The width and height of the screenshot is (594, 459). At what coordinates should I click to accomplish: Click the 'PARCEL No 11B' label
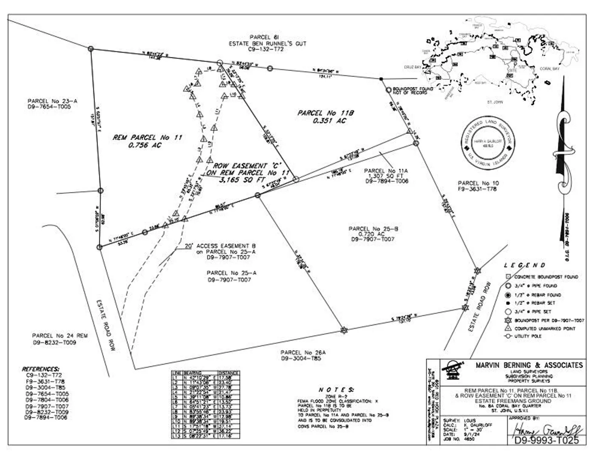325,113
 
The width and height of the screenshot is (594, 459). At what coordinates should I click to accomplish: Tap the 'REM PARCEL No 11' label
147,137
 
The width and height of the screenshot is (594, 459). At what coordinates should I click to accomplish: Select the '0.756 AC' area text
145,145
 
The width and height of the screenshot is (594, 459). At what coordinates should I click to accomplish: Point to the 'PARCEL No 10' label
478,183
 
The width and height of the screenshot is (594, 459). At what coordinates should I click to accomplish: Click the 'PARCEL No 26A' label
303,352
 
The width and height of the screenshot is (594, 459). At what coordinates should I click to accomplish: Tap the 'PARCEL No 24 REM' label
60,336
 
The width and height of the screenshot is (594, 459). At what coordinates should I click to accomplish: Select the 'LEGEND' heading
524,265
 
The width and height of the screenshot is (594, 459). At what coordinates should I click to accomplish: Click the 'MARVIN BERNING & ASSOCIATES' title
529,365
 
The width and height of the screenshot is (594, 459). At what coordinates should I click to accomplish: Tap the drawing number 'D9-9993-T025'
546,440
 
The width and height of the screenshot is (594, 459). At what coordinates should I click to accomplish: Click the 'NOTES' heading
336,390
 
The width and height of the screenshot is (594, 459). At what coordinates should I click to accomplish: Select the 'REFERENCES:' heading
40,369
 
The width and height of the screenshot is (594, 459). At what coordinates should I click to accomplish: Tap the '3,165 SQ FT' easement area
242,180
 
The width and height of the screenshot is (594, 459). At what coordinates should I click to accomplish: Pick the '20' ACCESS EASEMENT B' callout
220,246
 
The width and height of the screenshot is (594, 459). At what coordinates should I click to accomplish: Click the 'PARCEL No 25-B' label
373,229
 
